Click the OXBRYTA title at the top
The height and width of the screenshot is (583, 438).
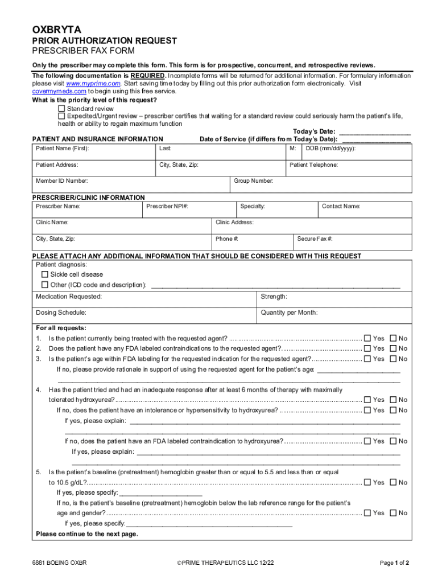pyautogui.click(x=57, y=29)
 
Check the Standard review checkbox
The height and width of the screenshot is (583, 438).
pyautogui.click(x=61, y=108)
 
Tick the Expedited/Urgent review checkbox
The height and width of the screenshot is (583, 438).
pyautogui.click(x=61, y=116)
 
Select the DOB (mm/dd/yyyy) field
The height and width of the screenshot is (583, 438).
pyautogui.click(x=357, y=153)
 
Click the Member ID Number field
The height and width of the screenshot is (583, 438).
pyautogui.click(x=131, y=184)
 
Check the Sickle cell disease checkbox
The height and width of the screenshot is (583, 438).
pyautogui.click(x=45, y=274)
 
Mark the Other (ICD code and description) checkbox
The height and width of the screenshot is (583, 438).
pyautogui.click(x=45, y=285)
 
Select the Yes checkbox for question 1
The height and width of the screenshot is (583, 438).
pyautogui.click(x=367, y=338)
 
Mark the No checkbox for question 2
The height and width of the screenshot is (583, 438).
pyautogui.click(x=392, y=348)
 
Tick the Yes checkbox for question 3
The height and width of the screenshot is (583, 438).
pyautogui.click(x=367, y=359)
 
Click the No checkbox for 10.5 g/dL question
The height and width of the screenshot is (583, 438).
pyautogui.click(x=392, y=482)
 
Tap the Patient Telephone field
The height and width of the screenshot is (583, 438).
pyautogui.click(x=349, y=169)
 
